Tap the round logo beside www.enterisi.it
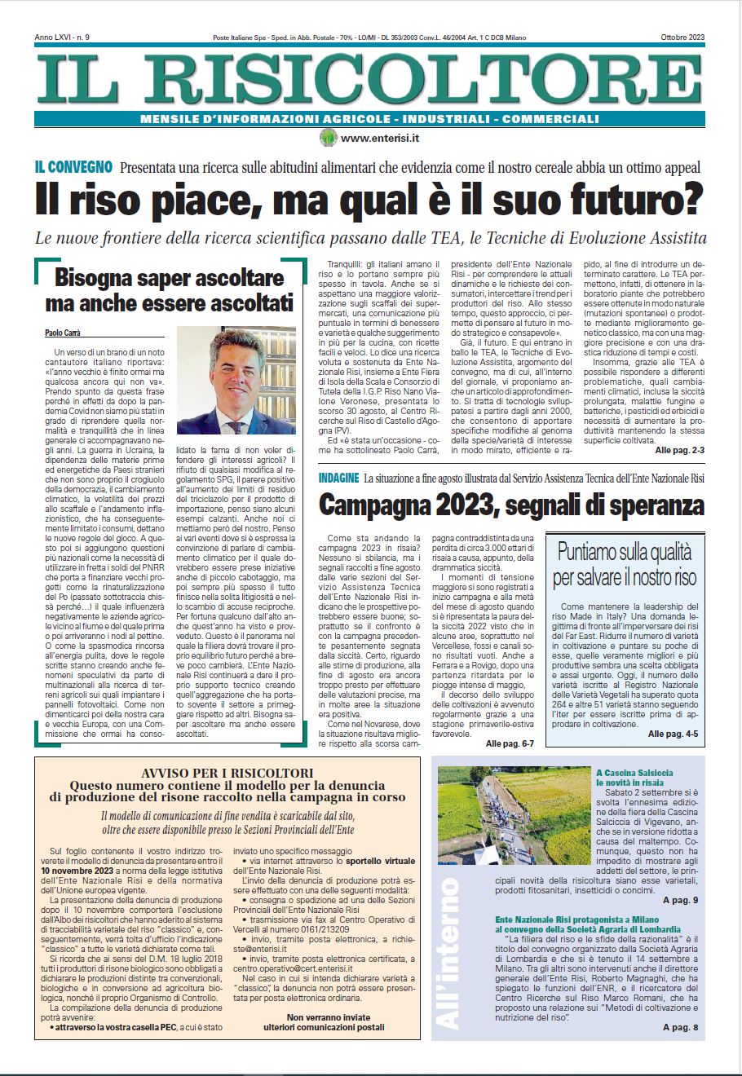[x=328, y=138]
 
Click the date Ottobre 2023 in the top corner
[x=682, y=38]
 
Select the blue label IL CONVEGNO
[x=73, y=168]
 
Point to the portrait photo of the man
[x=236, y=381]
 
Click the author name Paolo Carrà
[x=62, y=333]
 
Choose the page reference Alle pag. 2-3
[x=679, y=450]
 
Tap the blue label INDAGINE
[x=338, y=478]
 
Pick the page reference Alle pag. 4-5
[x=673, y=734]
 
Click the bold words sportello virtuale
[x=381, y=861]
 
